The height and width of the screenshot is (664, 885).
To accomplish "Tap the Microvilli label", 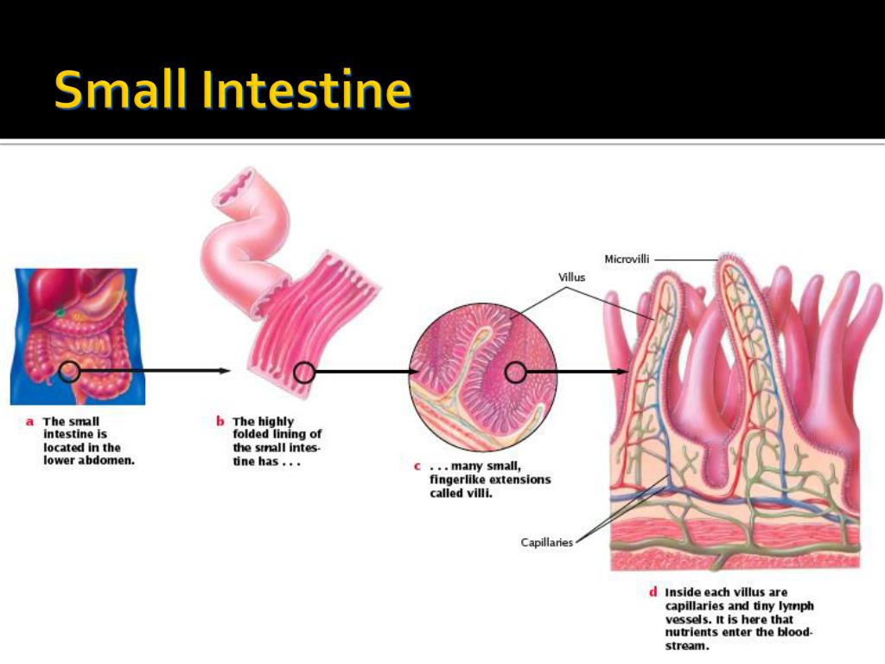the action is [x=627, y=259].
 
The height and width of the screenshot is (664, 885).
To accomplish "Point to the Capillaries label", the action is [x=547, y=543].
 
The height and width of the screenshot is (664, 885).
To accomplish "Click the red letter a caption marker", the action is [x=29, y=422].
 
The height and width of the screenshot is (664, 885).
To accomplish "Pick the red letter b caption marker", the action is [x=220, y=422].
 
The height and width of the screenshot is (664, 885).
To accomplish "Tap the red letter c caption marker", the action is [x=417, y=467].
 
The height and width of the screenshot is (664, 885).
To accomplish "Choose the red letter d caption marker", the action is [x=653, y=592].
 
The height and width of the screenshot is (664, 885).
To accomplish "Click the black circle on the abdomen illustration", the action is [x=70, y=372].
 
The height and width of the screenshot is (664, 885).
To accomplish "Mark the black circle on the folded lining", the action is [x=303, y=372].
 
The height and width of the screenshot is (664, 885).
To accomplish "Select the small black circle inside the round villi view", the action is [x=515, y=372].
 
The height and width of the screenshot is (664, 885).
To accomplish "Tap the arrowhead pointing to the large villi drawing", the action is [x=623, y=372].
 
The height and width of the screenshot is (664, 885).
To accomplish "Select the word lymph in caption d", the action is [x=796, y=605].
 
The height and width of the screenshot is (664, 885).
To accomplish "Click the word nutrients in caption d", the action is [x=691, y=632].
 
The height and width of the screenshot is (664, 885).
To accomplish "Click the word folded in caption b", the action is [x=251, y=434].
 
